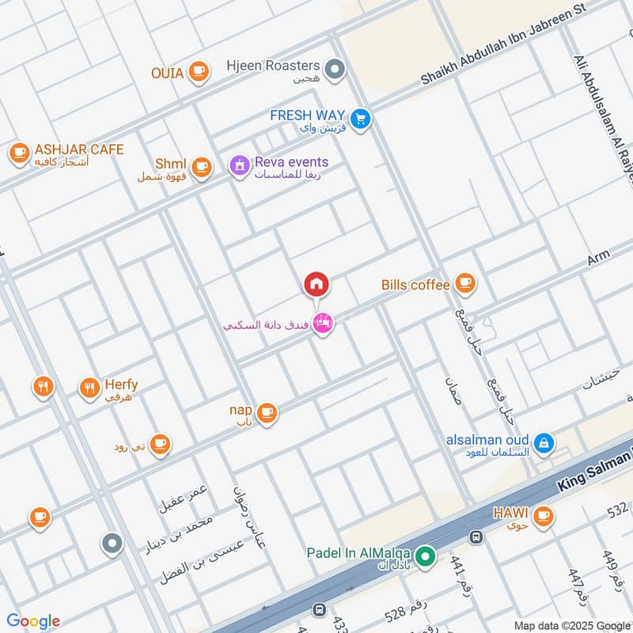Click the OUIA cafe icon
click(x=199, y=73)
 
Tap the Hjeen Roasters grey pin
click(x=336, y=70)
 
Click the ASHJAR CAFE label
click(x=78, y=150)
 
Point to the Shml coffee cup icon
click(x=202, y=166)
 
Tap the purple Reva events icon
click(x=238, y=166)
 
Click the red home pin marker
click(x=316, y=284)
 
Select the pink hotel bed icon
click(x=322, y=323)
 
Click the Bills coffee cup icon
click(x=465, y=283)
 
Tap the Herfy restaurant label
click(x=120, y=385)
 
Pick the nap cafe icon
click(x=267, y=411)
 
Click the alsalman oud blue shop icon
click(x=544, y=444)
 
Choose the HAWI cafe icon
click(x=542, y=516)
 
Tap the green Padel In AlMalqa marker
click(x=426, y=559)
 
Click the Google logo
click(x=33, y=621)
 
